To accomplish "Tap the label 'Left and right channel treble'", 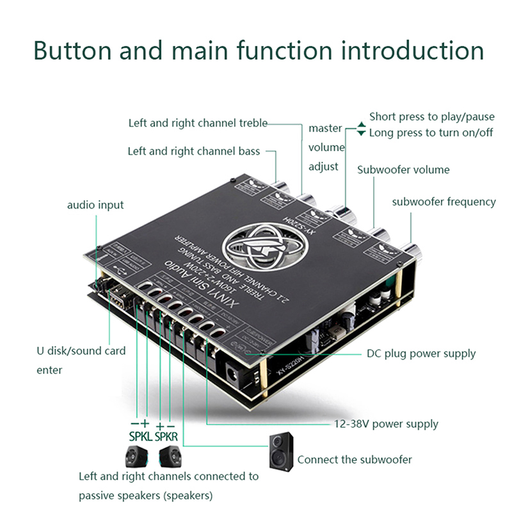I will pos(198,123).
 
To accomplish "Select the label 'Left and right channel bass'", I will pos(194,152).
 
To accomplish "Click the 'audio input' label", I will pos(95,205).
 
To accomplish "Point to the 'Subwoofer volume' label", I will pos(403,170).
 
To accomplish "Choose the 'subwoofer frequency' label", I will pos(444,202).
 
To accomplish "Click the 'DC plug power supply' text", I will pos(421,353).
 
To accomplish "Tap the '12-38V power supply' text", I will pos(386,424).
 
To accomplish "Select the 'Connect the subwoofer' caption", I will pos(355,460).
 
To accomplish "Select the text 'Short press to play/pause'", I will pos(432,116).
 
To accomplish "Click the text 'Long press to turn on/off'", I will pos(431,133).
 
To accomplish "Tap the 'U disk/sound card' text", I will pos(81,351).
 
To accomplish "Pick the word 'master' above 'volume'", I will pos(325,128).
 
